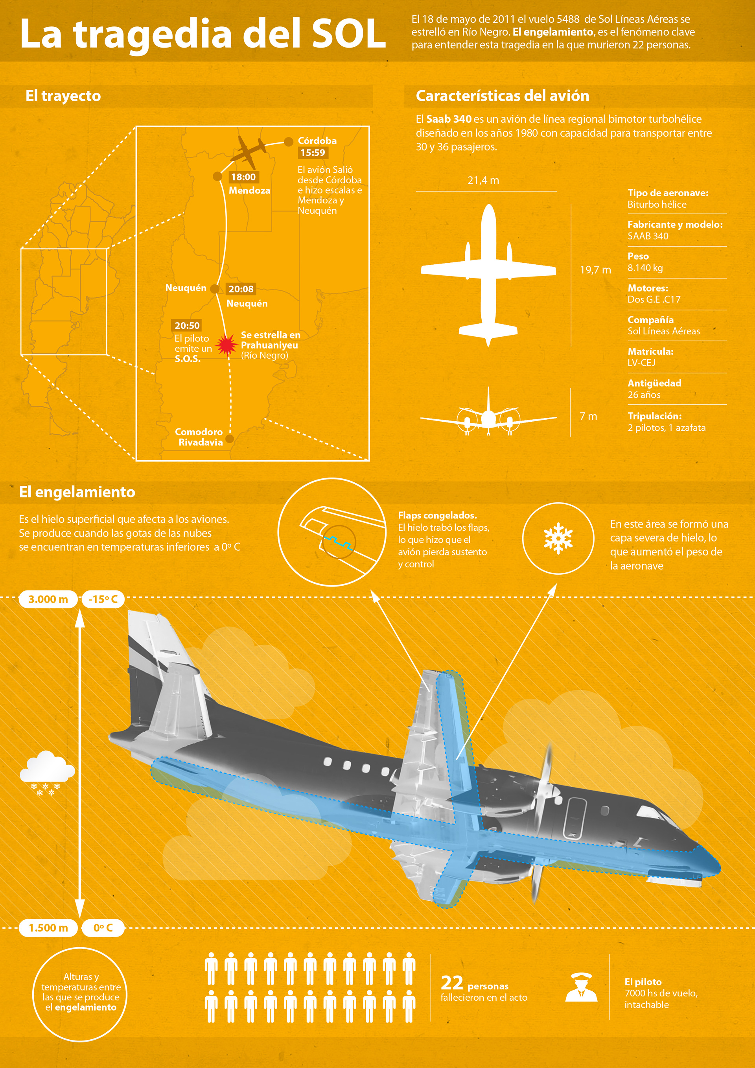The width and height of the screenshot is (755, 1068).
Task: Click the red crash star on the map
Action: tap(226, 345)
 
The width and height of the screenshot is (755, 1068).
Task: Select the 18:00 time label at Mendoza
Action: tap(243, 177)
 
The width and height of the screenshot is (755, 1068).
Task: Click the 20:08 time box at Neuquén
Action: tap(241, 289)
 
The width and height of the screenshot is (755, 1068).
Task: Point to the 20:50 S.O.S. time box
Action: tap(187, 326)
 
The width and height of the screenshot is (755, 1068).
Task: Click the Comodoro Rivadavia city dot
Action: tap(229, 438)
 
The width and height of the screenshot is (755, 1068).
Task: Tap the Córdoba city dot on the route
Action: tap(289, 141)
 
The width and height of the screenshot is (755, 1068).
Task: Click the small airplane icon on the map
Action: tap(249, 151)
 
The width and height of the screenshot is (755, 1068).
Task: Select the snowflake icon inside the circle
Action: tap(558, 538)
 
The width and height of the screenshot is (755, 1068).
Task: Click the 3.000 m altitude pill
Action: tap(48, 599)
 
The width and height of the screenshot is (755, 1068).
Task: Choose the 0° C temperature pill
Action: tap(103, 928)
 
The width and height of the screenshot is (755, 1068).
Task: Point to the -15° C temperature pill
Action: tap(103, 599)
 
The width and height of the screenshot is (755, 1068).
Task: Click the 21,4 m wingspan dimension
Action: tap(483, 181)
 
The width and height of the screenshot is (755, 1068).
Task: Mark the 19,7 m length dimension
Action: tap(595, 270)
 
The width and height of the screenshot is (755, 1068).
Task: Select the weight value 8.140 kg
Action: tap(645, 268)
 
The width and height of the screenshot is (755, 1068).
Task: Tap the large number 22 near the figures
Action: tap(451, 983)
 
